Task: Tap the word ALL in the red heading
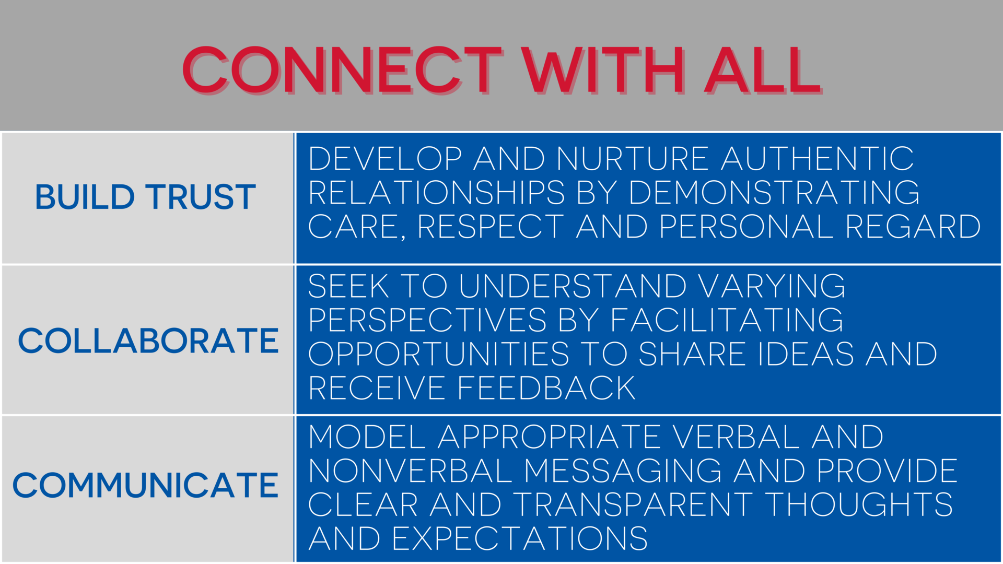point(762,70)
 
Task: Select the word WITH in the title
point(603,70)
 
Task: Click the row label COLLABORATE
point(148,341)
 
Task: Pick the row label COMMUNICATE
point(145,485)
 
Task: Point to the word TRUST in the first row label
point(201,197)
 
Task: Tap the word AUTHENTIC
point(818,158)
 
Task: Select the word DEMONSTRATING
point(774,192)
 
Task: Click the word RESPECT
point(491,226)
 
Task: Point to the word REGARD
point(913,226)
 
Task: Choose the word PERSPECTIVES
point(427,320)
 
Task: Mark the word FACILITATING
point(727,320)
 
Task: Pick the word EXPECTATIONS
point(520,538)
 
